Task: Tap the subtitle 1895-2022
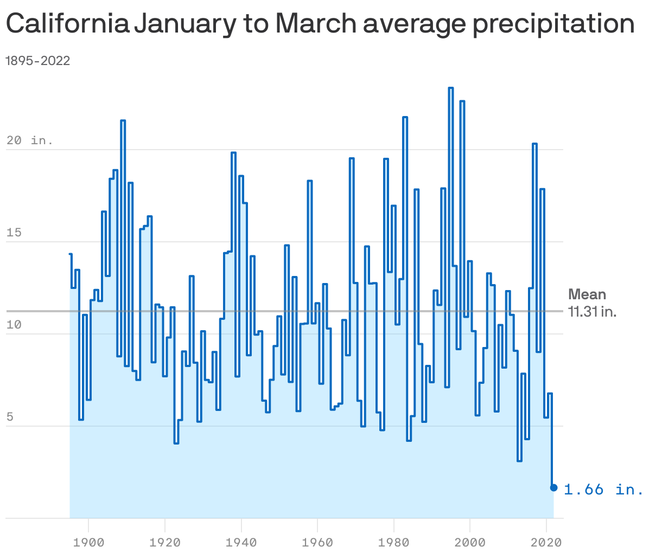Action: coord(37,61)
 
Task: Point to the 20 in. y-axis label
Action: coord(30,140)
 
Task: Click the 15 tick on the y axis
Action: coord(14,233)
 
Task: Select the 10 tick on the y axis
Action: coord(14,325)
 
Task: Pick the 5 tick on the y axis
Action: coord(11,417)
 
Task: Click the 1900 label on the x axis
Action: coord(88,542)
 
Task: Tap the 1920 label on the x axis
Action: coord(164,542)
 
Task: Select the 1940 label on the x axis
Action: coord(241,542)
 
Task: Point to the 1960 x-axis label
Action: coord(317,542)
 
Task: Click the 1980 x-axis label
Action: coord(393,542)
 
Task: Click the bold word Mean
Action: coord(587,294)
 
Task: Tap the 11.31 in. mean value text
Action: coord(592,312)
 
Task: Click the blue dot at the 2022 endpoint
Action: coord(554,488)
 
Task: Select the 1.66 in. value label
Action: coord(603,490)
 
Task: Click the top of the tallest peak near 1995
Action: coord(451,88)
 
